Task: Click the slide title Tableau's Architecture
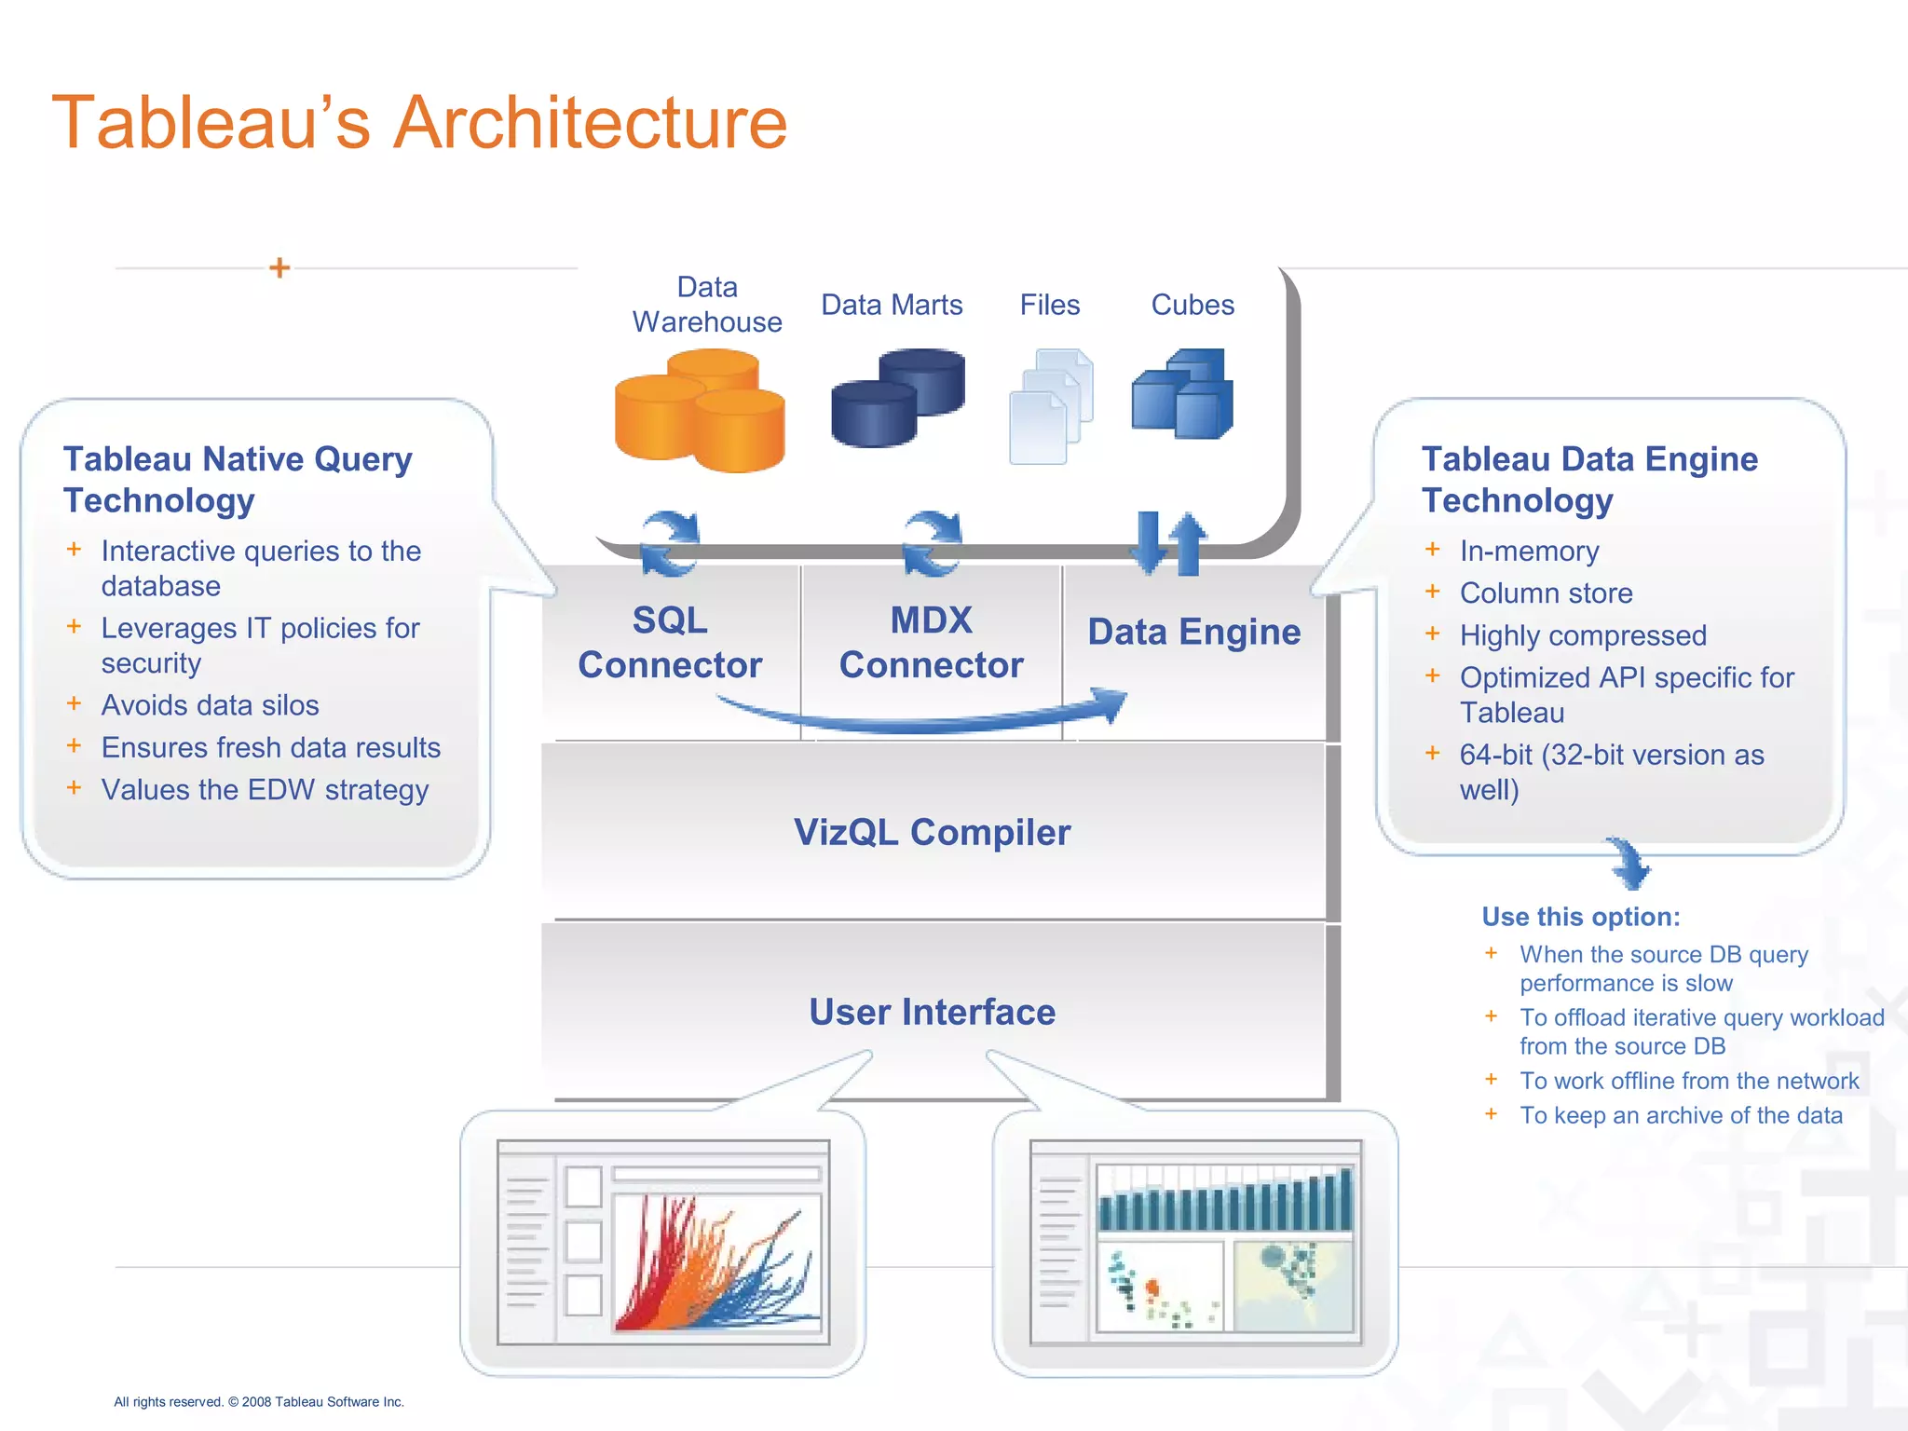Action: point(419,123)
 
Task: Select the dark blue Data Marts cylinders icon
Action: point(897,398)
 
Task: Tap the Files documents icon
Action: point(1051,406)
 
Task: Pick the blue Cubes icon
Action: point(1182,394)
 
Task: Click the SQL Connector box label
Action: point(670,643)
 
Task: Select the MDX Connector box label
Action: point(931,643)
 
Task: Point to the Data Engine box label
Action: point(1193,633)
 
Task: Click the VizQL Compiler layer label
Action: point(932,833)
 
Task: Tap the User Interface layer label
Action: point(932,1013)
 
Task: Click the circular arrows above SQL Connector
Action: point(669,545)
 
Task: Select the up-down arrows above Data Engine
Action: point(1168,543)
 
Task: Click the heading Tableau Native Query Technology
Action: point(238,480)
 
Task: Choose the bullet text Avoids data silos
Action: point(210,705)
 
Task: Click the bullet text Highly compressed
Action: point(1583,635)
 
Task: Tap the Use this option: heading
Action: point(1581,917)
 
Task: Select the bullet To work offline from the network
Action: point(1688,1081)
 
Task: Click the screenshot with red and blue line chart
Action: point(663,1243)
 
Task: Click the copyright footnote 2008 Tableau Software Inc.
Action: point(259,1402)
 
